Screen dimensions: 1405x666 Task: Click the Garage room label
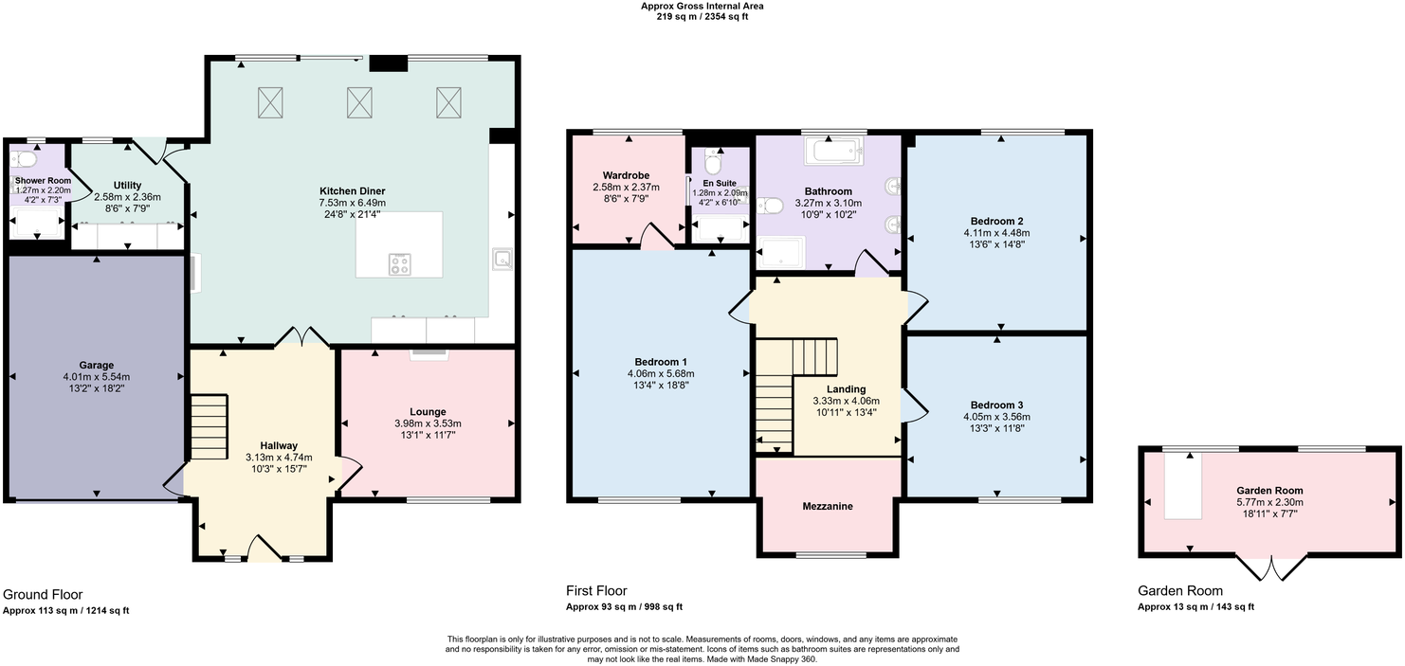[x=97, y=366]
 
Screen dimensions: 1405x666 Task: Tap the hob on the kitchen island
[x=399, y=263]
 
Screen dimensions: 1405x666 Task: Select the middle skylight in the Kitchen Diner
[x=359, y=102]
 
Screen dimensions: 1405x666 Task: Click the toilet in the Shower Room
[x=23, y=158]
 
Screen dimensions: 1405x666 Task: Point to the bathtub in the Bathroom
[x=834, y=151]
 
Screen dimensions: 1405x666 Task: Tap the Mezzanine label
[x=828, y=506]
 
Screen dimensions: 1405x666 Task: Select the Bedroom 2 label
[x=996, y=221]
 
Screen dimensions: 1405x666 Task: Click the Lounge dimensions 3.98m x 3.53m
[x=428, y=423]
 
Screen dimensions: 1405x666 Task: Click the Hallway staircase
[x=209, y=427]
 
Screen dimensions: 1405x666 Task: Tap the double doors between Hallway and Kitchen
[x=302, y=336]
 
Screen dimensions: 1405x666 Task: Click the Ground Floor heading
[x=43, y=595]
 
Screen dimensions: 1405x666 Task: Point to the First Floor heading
[x=596, y=591]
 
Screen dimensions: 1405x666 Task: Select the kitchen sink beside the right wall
[x=502, y=259]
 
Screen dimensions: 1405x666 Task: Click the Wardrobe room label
[x=626, y=175]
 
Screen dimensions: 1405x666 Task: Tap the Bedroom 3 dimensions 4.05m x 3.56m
[x=996, y=417]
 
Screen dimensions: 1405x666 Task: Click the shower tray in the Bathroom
[x=781, y=253]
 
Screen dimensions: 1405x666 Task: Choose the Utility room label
[x=127, y=186]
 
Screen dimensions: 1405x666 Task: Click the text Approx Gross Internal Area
[x=702, y=7]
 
